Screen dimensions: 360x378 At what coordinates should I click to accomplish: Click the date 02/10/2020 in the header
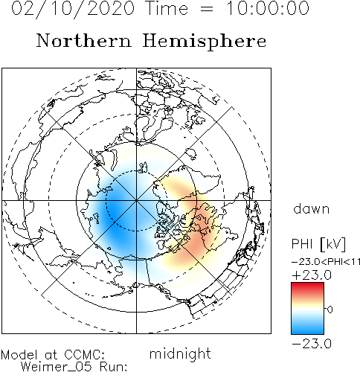(73, 8)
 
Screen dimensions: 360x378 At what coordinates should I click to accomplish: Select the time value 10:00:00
(268, 8)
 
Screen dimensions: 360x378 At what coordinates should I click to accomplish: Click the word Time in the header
(167, 8)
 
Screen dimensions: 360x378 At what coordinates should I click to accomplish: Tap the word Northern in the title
(84, 40)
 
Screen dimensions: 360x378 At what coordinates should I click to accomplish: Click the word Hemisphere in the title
(205, 42)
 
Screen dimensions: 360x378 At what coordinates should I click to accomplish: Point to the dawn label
(312, 209)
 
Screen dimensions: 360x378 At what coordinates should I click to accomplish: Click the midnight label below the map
(180, 354)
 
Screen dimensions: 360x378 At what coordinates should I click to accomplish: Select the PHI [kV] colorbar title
(318, 244)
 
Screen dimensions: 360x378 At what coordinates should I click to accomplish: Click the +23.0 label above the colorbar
(312, 275)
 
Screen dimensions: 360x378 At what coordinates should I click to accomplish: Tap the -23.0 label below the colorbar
(312, 344)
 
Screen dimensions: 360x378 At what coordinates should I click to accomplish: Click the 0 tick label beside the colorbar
(330, 310)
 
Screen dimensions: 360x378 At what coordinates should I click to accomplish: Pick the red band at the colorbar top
(307, 287)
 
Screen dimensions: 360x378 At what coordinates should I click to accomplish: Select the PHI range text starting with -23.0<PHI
(326, 262)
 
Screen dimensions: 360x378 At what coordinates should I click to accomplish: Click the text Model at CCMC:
(53, 354)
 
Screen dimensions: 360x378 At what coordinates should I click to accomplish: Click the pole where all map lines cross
(136, 200)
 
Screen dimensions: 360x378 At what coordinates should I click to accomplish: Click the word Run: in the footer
(114, 367)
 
